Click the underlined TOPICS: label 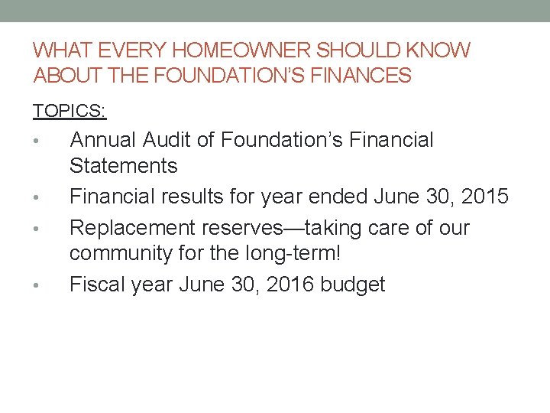pyautogui.click(x=70, y=112)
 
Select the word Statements pyautogui.click(x=123, y=166)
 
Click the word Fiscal pyautogui.click(x=97, y=285)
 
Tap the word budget pyautogui.click(x=353, y=285)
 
